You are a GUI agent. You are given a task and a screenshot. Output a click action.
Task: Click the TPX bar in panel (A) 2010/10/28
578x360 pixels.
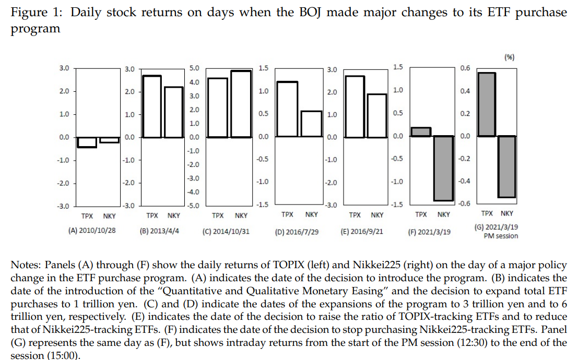(87, 142)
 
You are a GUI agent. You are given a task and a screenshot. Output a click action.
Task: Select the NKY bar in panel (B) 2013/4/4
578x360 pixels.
(174, 112)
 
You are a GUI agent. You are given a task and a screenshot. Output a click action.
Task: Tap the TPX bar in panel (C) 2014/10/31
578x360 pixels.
(218, 107)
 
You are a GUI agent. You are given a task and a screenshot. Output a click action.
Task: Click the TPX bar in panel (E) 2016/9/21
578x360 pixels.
(355, 107)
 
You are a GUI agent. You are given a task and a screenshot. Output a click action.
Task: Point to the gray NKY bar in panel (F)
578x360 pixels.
(443, 168)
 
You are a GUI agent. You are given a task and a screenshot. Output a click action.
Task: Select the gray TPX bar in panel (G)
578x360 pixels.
(487, 104)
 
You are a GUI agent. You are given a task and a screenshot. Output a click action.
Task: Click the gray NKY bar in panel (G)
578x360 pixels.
(506, 166)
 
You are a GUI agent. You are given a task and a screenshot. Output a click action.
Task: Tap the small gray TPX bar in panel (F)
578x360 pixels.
(421, 132)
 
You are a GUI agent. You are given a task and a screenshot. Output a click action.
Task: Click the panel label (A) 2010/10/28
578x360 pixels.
(92, 230)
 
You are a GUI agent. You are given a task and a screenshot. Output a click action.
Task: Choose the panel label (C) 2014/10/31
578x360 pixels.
(226, 231)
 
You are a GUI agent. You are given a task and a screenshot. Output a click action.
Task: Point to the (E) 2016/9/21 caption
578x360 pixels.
(361, 231)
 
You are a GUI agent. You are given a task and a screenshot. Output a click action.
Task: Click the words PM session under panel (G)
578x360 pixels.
(500, 236)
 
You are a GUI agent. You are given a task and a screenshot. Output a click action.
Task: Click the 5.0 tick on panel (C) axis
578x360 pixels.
(194, 68)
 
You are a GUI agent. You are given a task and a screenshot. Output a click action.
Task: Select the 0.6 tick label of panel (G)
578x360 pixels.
(465, 68)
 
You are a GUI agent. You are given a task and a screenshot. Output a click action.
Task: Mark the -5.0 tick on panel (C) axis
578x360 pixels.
(193, 206)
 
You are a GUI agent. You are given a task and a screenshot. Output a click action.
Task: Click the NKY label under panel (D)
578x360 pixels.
(311, 214)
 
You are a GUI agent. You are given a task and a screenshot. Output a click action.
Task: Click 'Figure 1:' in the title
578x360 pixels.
(34, 13)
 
